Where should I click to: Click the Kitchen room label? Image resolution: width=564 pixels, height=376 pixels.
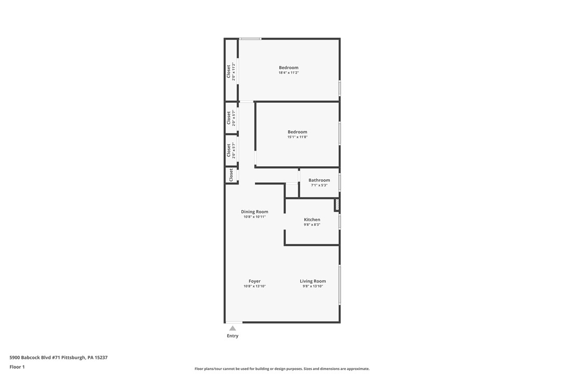pyautogui.click(x=312, y=220)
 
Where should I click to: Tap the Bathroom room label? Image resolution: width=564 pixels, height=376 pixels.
pyautogui.click(x=319, y=180)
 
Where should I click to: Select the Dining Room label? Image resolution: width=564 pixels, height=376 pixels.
pyautogui.click(x=254, y=212)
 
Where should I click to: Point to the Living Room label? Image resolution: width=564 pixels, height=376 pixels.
pyautogui.click(x=313, y=281)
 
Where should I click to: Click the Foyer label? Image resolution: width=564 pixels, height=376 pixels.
pyautogui.click(x=254, y=281)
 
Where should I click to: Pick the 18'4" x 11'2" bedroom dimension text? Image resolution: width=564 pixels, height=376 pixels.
pyautogui.click(x=288, y=73)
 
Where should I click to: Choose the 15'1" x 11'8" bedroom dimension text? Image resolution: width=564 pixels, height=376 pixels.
pyautogui.click(x=297, y=137)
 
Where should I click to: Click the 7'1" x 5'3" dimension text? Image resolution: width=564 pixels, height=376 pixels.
pyautogui.click(x=319, y=185)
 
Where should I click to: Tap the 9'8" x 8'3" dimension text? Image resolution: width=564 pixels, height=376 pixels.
pyautogui.click(x=312, y=225)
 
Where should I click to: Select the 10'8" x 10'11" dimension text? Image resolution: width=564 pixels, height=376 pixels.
pyautogui.click(x=254, y=217)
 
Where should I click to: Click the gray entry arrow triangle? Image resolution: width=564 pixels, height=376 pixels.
pyautogui.click(x=233, y=328)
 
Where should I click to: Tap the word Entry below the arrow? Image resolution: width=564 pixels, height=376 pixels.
pyautogui.click(x=233, y=336)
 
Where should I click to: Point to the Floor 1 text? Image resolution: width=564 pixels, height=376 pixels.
pyautogui.click(x=17, y=367)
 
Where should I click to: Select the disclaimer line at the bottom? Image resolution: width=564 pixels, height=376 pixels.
pyautogui.click(x=282, y=369)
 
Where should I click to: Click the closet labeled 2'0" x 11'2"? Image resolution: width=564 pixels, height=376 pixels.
pyautogui.click(x=231, y=71)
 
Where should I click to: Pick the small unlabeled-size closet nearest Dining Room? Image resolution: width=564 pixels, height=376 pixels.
pyautogui.click(x=231, y=175)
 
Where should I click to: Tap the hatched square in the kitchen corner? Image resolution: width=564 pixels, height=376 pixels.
pyautogui.click(x=337, y=205)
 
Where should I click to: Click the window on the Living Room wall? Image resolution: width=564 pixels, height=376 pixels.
pyautogui.click(x=340, y=284)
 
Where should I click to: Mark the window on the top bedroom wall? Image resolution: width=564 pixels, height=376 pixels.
pyautogui.click(x=250, y=38)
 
